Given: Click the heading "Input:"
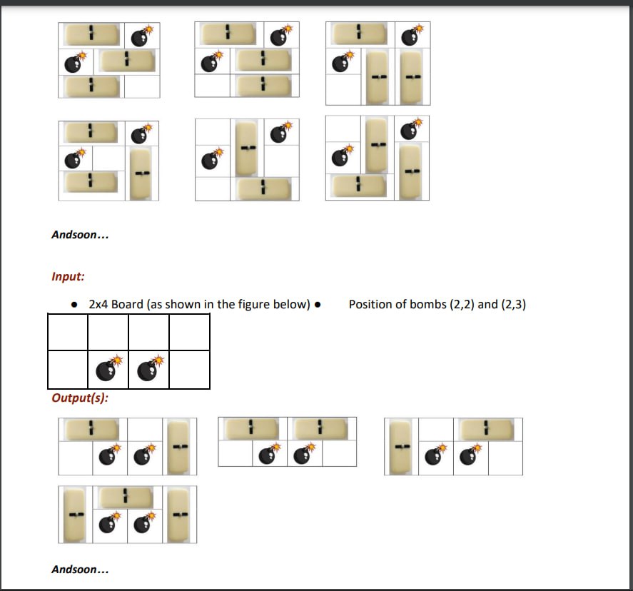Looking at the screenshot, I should tap(68, 276).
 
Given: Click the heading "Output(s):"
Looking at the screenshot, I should tap(80, 398).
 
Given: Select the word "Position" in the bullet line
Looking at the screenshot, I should tap(370, 305).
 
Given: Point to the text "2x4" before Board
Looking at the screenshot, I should tap(98, 305).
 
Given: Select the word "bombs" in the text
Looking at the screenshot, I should tap(431, 305).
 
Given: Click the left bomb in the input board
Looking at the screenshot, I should tap(108, 370).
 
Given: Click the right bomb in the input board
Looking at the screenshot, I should tap(149, 370).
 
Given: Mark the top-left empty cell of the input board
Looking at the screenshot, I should tap(68, 332).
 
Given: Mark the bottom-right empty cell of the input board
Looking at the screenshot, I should tap(189, 370).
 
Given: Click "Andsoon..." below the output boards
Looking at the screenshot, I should tap(80, 570).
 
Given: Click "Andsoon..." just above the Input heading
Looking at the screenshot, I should tap(80, 235).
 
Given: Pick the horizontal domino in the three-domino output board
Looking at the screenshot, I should tap(126, 497).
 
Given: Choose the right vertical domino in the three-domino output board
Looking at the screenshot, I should tap(180, 515).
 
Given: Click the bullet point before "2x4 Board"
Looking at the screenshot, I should tap(75, 305).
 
